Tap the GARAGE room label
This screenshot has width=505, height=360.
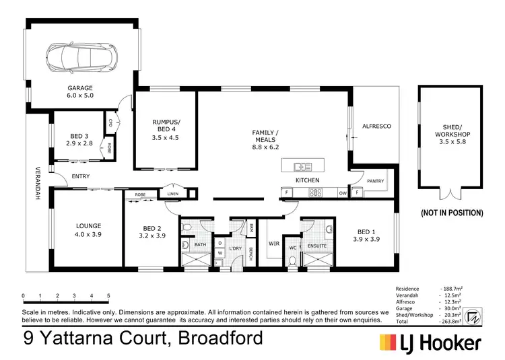pos(79,92)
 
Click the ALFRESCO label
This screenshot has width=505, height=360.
pos(376,127)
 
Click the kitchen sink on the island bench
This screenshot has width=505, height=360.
pos(302,166)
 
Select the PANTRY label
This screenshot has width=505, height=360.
pos(375,181)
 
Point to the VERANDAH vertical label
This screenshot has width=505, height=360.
pos(38,182)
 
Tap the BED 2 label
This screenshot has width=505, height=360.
pos(151,231)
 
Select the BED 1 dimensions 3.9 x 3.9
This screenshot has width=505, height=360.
pos(368,239)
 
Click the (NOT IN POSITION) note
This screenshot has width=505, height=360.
pos(452,213)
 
